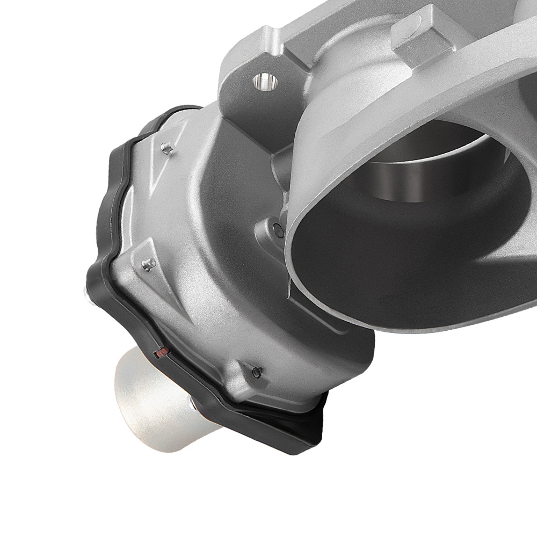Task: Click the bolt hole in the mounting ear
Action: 265,82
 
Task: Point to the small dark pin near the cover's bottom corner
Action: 257,372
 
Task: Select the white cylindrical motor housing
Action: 156,392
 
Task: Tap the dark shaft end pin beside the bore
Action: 278,230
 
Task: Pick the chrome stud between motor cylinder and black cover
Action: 192,403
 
